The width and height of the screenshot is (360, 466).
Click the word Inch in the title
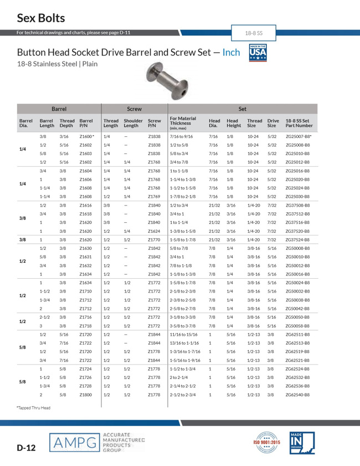coord(232,53)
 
